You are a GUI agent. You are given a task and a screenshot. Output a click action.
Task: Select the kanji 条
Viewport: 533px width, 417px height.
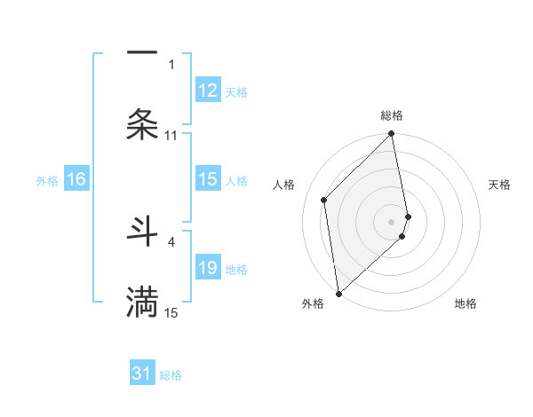point(142,125)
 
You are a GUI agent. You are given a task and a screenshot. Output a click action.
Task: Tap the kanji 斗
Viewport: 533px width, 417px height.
point(142,232)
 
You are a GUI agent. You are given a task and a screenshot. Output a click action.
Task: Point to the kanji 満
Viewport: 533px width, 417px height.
point(142,302)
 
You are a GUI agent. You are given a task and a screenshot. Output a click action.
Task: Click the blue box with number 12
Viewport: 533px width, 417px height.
point(208,90)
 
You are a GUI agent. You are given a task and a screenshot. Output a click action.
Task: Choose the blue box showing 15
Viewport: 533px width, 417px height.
point(208,179)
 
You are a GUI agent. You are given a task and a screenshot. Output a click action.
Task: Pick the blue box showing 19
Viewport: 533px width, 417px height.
point(208,268)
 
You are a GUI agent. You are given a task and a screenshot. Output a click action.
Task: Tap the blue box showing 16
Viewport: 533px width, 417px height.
point(76,179)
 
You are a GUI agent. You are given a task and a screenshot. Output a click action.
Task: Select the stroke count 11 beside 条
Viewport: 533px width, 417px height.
point(171,136)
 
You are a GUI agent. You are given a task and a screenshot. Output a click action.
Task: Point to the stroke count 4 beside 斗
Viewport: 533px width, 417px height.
point(171,241)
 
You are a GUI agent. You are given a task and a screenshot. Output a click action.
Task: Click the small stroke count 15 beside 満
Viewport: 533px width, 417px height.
point(171,312)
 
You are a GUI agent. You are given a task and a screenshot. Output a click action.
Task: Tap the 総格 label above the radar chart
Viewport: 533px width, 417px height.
point(392,115)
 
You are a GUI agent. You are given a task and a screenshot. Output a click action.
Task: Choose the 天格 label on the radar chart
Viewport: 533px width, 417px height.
point(500,185)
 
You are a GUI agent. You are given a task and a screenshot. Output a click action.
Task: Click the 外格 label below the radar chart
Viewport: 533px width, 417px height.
point(313,303)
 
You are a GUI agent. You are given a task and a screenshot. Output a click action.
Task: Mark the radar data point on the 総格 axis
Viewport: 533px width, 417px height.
point(392,135)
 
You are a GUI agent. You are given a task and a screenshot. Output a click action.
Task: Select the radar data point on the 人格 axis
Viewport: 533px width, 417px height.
point(324,200)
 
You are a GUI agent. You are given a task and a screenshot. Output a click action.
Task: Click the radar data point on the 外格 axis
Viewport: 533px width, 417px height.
point(338,293)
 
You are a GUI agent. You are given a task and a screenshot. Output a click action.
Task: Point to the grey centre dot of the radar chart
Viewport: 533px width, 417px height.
point(392,221)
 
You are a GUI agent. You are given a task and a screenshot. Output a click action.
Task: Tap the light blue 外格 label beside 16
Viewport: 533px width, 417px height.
point(47,180)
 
